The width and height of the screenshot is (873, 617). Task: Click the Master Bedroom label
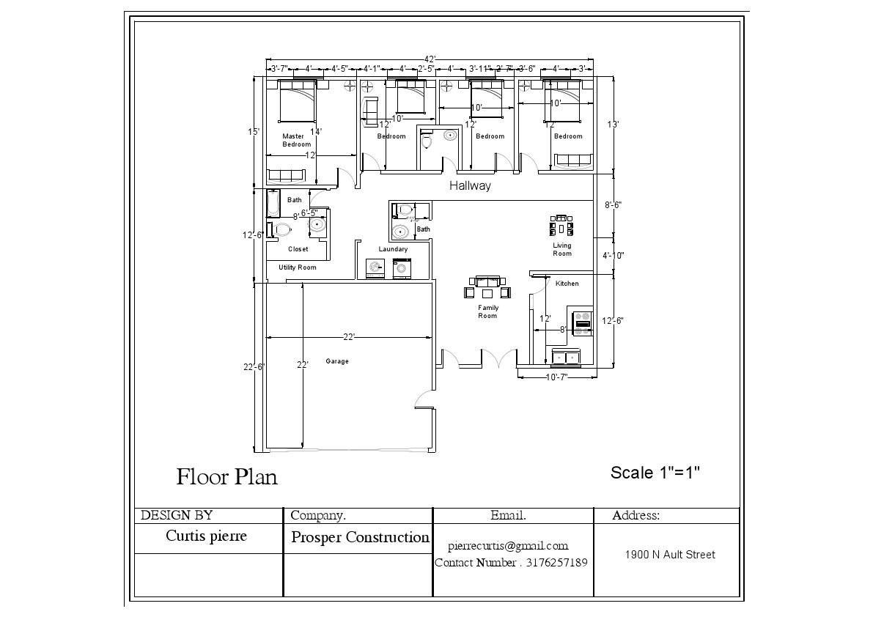pos(296,140)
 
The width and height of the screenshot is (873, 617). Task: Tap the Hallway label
pos(470,186)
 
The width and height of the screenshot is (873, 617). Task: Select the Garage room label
pos(337,361)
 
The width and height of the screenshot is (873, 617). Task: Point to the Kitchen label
pos(567,284)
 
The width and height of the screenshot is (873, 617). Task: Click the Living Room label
pos(562,250)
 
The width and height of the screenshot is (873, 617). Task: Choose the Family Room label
pos(487,312)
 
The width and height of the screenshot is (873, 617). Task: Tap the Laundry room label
pos(393,249)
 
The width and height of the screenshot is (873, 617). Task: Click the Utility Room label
pos(298,267)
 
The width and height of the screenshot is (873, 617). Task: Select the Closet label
pos(298,249)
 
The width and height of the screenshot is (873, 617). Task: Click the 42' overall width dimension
pos(430,59)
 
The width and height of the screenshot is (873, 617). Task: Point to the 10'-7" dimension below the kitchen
pos(557,377)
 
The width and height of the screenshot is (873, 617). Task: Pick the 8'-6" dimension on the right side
pos(614,206)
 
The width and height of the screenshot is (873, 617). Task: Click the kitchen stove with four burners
pos(583,322)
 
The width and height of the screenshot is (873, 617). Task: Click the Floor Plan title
pos(226,477)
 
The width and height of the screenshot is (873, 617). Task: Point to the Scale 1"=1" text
pos(655,473)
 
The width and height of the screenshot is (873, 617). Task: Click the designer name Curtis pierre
pos(206,536)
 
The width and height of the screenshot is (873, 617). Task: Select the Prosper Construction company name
pos(360,537)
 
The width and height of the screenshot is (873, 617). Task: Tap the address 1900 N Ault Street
pos(669,555)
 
